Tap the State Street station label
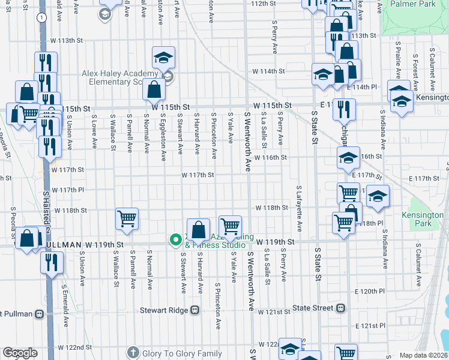tap(312, 308)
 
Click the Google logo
tap(20, 353)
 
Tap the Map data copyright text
tap(424, 355)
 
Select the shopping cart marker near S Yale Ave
tap(230, 226)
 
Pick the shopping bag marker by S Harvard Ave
tap(197, 229)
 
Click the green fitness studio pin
tap(176, 240)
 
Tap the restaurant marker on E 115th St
tap(344, 109)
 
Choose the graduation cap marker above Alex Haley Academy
tap(163, 57)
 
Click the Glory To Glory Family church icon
tap(133, 353)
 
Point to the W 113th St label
tap(66, 40)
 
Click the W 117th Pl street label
tap(67, 190)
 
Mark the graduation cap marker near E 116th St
tap(348, 158)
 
